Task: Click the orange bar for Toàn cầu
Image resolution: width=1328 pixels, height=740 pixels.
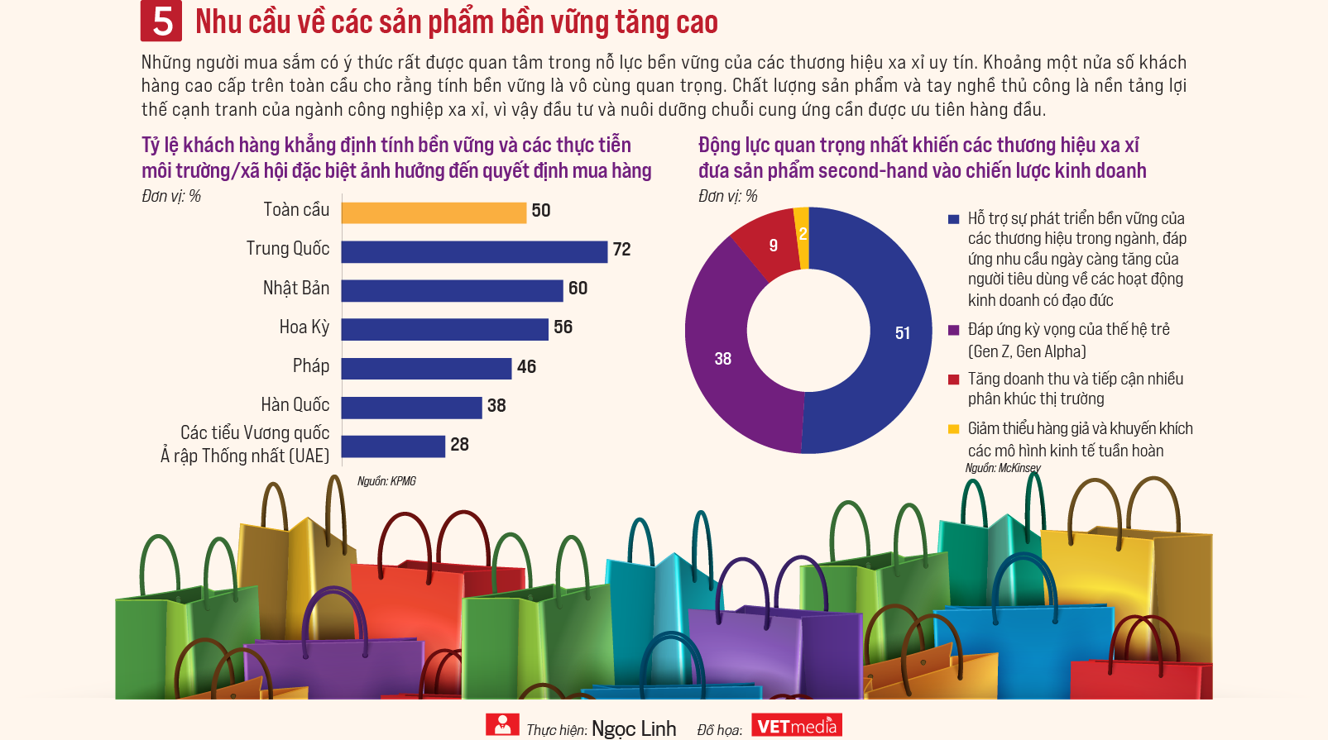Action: (x=434, y=212)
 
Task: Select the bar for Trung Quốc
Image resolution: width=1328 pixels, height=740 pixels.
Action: (x=474, y=251)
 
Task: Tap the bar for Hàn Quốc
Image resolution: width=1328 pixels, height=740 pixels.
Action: (x=411, y=407)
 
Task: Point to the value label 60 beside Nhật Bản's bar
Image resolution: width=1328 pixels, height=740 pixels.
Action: (x=578, y=289)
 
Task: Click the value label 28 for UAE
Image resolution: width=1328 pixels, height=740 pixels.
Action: (x=459, y=445)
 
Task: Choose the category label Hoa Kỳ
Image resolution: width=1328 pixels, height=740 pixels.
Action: (x=304, y=327)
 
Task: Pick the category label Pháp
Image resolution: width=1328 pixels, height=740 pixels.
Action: (x=310, y=366)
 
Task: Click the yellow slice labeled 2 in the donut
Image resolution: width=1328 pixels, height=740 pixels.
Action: (x=802, y=235)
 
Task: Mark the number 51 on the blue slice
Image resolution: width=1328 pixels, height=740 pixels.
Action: (x=902, y=333)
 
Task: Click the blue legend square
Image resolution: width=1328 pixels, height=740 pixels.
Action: (x=953, y=219)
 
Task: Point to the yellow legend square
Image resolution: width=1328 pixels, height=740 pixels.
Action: (x=953, y=429)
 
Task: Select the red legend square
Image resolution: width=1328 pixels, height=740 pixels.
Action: (x=953, y=380)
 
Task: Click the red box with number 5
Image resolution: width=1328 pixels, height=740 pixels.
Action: (x=161, y=21)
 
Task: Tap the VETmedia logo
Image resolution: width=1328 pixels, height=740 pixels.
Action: (x=796, y=726)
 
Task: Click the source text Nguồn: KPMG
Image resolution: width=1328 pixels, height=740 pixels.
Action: (x=386, y=481)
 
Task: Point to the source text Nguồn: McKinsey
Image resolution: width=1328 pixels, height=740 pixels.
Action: (x=1002, y=468)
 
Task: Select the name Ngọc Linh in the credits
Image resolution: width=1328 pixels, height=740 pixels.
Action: (x=634, y=728)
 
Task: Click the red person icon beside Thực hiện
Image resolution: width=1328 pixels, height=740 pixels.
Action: (x=502, y=724)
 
